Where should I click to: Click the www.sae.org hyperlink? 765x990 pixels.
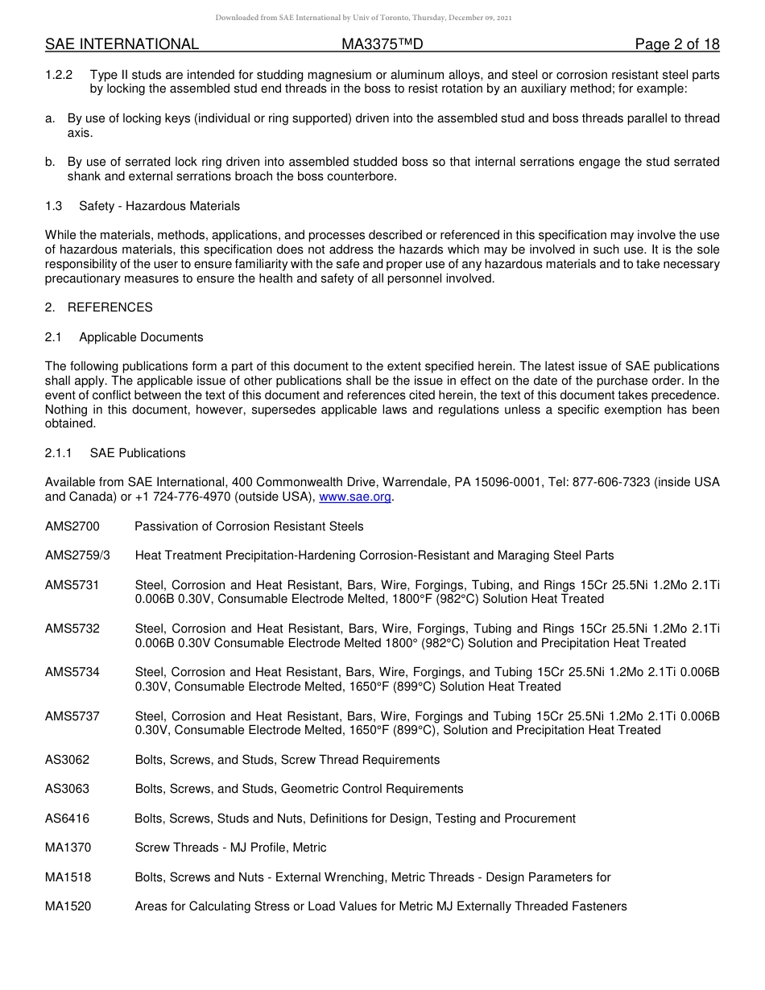[x=355, y=497]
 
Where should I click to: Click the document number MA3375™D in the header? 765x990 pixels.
[x=382, y=44]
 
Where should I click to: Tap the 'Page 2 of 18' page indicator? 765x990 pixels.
[x=676, y=44]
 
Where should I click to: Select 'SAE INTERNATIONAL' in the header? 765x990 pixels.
[x=122, y=44]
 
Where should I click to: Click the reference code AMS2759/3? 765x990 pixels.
[x=77, y=555]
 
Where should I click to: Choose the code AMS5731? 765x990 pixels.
[x=72, y=585]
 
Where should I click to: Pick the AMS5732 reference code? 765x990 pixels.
[x=72, y=629]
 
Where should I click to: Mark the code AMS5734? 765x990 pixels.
[x=72, y=672]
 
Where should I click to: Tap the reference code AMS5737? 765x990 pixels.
[x=72, y=716]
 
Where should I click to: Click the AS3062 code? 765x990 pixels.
[x=68, y=760]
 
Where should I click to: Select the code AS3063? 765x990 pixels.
[x=68, y=789]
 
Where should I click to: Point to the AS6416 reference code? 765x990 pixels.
[x=68, y=819]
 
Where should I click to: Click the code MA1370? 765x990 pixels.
[x=68, y=848]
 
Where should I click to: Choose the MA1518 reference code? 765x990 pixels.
[x=68, y=877]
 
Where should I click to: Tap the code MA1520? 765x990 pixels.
[x=68, y=906]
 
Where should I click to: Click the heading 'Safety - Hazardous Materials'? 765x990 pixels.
[x=159, y=206]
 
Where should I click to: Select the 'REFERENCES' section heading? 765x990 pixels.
[x=110, y=307]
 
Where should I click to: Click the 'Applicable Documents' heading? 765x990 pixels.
[x=141, y=337]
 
